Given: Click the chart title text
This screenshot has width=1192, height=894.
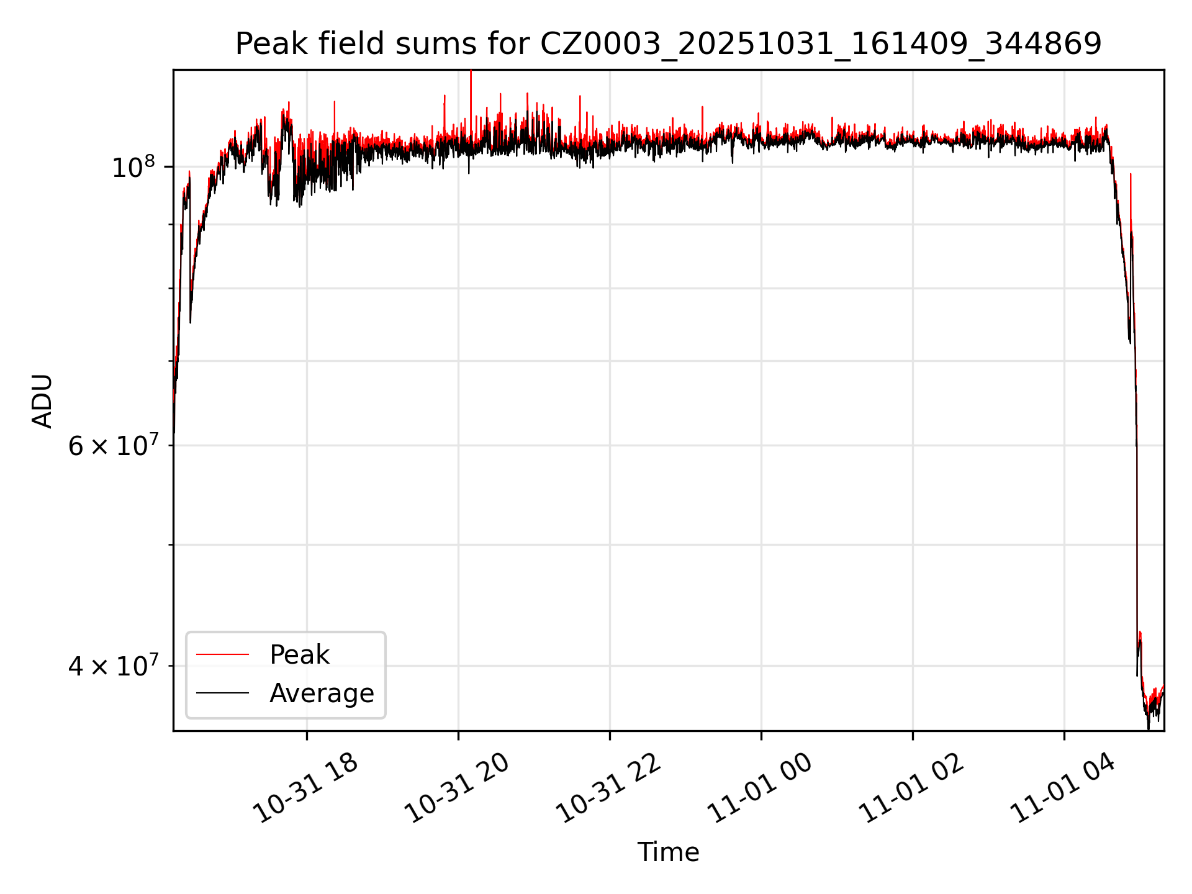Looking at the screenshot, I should [x=668, y=44].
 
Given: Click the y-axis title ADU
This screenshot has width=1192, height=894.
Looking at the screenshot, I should [x=42, y=401].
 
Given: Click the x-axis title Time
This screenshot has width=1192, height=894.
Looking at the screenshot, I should [x=668, y=852].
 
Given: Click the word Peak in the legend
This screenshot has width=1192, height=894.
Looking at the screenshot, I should [x=299, y=655].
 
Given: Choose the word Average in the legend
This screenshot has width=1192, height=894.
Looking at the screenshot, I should [x=322, y=693].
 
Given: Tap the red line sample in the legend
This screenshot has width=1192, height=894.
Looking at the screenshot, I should [x=222, y=654].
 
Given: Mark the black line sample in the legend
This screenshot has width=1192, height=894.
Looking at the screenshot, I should [x=222, y=693].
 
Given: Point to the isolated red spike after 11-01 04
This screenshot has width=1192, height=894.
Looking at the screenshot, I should [x=1131, y=177].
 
